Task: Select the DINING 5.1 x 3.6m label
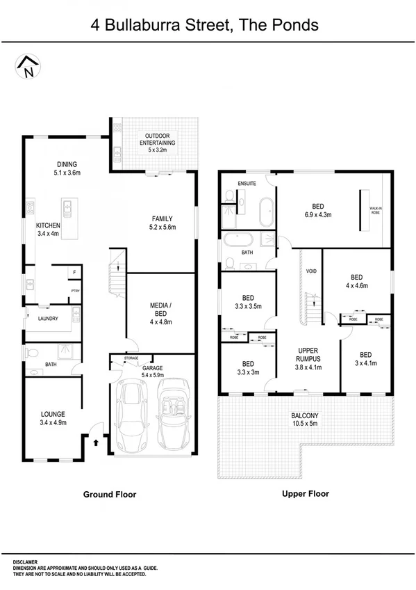67,169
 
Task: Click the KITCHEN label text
49,230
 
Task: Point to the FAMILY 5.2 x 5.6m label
162,223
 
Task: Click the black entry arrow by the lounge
94,440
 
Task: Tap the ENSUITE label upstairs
247,184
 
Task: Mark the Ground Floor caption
110,495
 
